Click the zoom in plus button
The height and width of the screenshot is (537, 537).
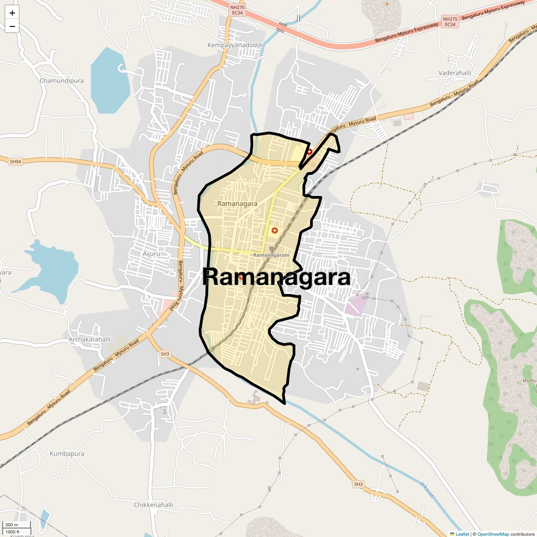click(x=12, y=13)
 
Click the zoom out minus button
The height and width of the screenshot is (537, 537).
click(x=12, y=26)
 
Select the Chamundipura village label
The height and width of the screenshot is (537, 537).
click(x=62, y=81)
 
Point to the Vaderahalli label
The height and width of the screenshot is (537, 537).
click(x=455, y=73)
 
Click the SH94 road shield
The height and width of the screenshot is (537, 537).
click(x=15, y=161)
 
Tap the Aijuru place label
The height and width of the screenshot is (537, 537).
click(x=151, y=254)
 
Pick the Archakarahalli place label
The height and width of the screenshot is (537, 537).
click(x=89, y=339)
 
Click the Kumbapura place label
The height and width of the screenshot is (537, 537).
click(x=67, y=453)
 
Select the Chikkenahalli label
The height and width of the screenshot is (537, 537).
click(x=153, y=505)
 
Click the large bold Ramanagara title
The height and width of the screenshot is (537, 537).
click(x=277, y=277)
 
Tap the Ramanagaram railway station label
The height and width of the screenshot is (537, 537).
click(x=271, y=255)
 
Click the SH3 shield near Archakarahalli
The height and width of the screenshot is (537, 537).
click(x=165, y=354)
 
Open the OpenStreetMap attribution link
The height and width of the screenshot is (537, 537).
click(x=493, y=534)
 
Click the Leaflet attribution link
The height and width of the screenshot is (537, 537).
click(x=462, y=534)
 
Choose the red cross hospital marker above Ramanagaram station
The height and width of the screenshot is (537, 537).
click(x=275, y=230)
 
